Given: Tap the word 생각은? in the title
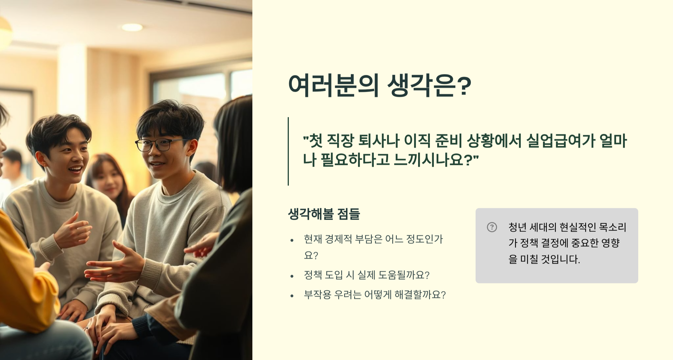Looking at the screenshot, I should [x=429, y=86].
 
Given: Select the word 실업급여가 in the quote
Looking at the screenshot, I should [x=561, y=141].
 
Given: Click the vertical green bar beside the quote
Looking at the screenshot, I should [x=288, y=151].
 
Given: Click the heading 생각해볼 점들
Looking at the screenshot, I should [x=324, y=214].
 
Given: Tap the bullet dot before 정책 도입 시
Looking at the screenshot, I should [x=292, y=276].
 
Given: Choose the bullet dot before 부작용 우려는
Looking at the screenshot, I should [x=292, y=296].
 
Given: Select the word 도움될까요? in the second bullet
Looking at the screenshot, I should [x=404, y=275].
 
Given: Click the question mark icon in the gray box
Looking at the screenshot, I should [x=492, y=227].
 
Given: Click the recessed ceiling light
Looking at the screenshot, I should [x=132, y=27].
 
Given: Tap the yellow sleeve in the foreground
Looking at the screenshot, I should [x=25, y=281].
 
